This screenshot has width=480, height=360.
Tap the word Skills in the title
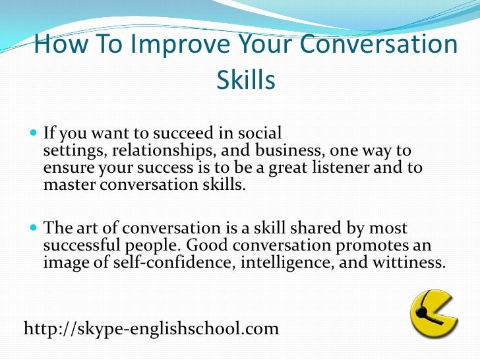click(245, 81)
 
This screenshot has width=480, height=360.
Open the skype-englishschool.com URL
click(151, 328)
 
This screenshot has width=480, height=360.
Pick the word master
click(69, 185)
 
